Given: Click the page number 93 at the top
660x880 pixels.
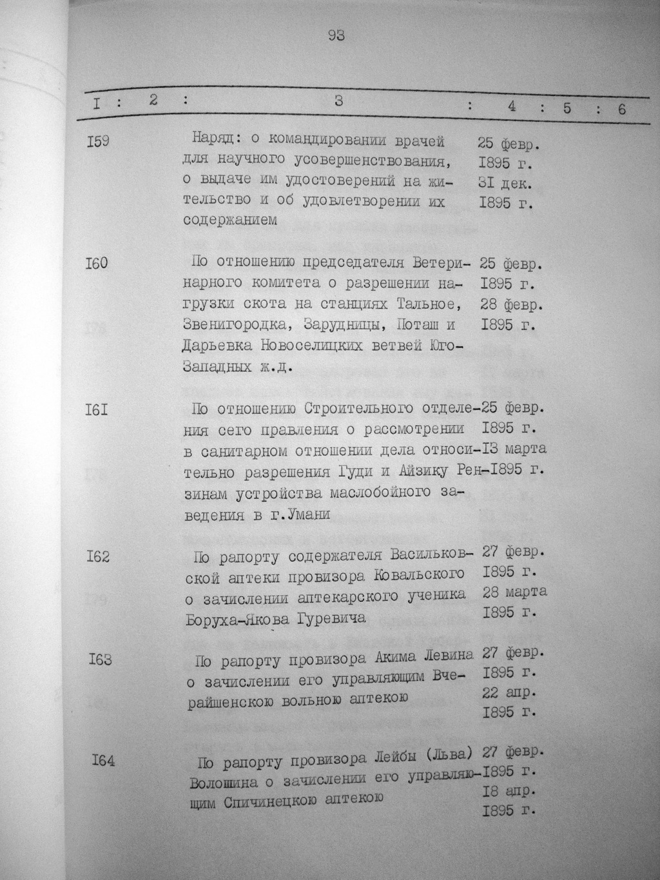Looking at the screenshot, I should click(336, 36).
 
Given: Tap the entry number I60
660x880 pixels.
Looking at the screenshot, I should click(97, 264).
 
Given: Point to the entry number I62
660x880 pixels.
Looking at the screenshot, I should click(98, 556).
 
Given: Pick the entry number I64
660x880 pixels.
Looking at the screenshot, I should click(103, 761).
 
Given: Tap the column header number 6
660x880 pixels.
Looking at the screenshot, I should click(621, 109).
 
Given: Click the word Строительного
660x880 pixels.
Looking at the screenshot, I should click(358, 409).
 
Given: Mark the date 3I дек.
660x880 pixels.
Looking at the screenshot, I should click(505, 184).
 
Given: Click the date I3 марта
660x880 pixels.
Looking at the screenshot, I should click(513, 448).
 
